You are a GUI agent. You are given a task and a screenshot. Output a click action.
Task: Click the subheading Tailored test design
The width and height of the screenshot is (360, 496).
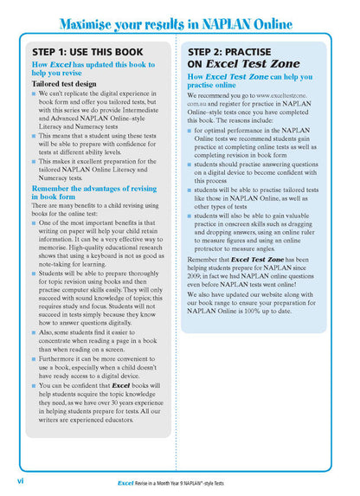click(64, 84)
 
